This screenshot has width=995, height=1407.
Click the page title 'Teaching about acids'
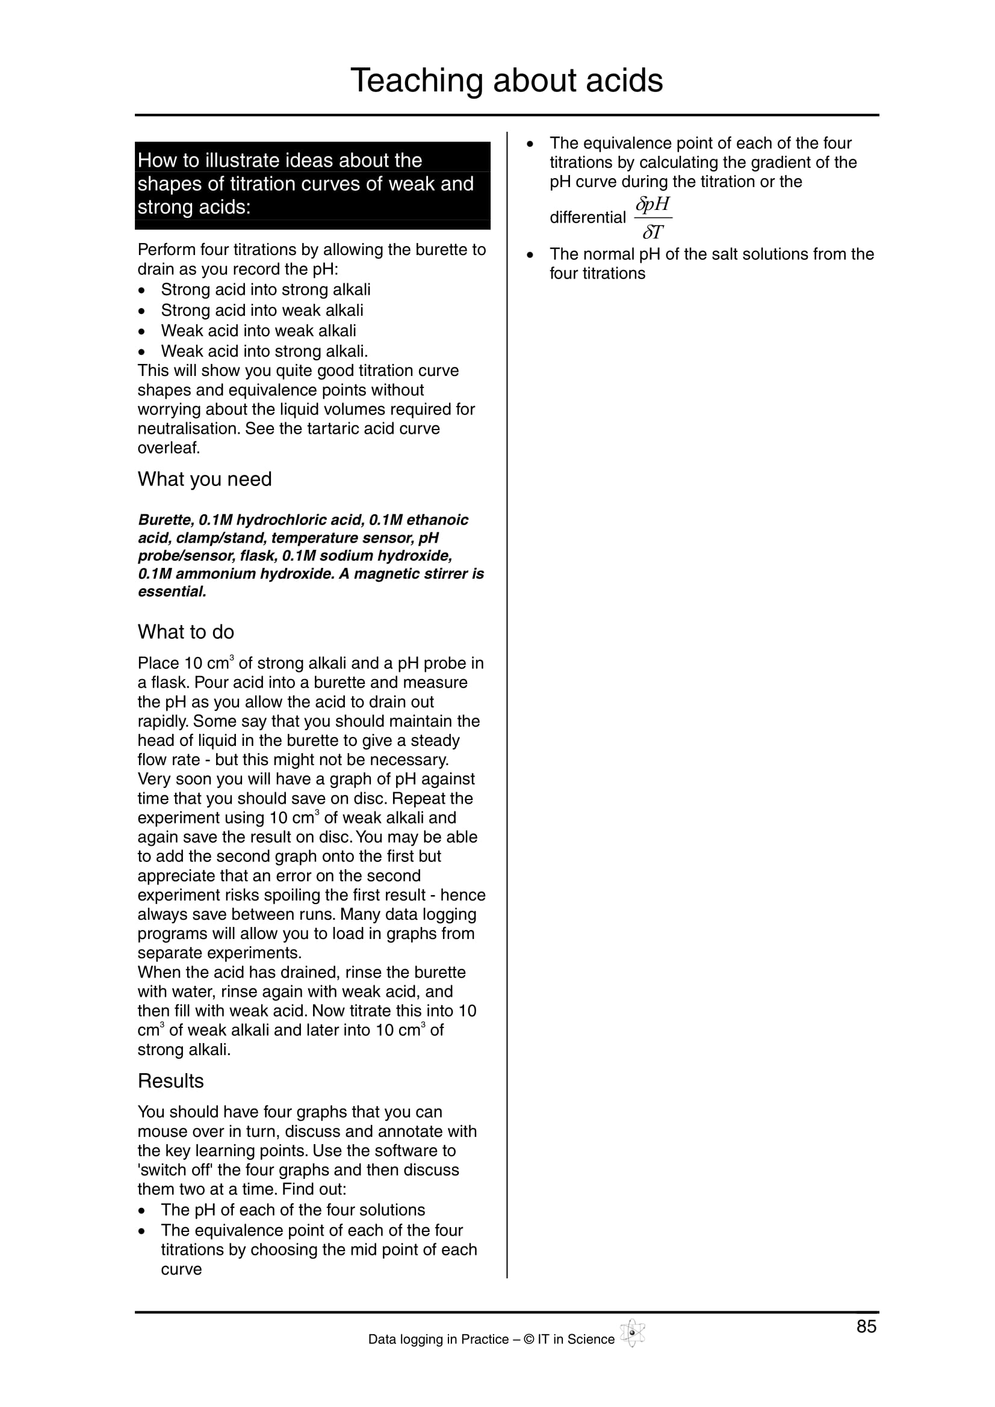tap(506, 80)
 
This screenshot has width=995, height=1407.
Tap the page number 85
tap(866, 1327)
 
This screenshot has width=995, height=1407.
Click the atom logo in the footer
tap(632, 1334)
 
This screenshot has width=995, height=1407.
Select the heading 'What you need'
tap(204, 479)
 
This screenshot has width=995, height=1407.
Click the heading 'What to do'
tap(186, 632)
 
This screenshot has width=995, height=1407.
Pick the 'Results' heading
tap(170, 1081)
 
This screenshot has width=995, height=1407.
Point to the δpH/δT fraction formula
tap(653, 218)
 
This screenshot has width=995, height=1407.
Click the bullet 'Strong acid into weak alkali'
tap(262, 310)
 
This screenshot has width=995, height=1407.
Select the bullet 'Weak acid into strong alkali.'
tap(264, 351)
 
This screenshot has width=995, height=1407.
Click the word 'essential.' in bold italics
tap(172, 592)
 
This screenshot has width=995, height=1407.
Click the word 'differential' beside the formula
tap(587, 218)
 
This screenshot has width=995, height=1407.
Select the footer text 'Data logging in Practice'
tap(438, 1340)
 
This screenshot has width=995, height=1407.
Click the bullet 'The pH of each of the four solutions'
tap(293, 1210)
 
